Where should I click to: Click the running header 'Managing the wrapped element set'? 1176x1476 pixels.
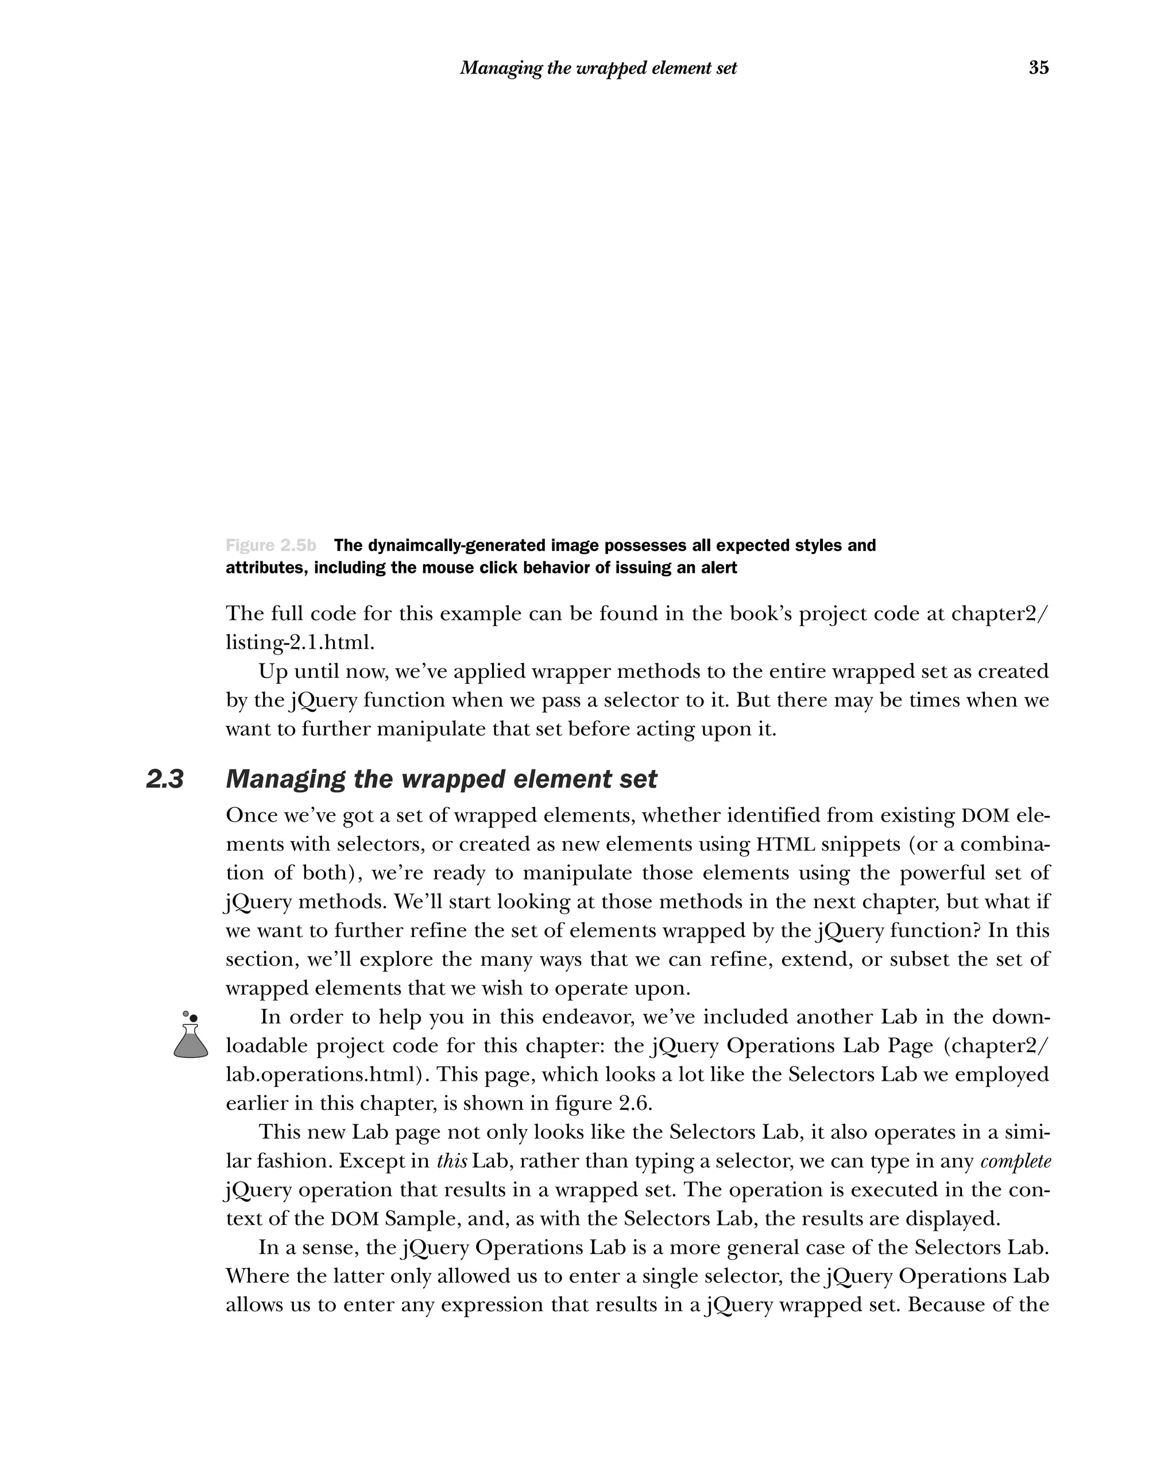[x=598, y=68]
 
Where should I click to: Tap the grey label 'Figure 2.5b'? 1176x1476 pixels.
[x=271, y=546]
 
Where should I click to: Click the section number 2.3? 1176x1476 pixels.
[x=165, y=779]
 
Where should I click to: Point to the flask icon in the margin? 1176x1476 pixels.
[x=190, y=1036]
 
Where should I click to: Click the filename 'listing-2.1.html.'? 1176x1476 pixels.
[x=300, y=643]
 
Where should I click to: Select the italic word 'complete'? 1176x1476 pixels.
[x=1015, y=1161]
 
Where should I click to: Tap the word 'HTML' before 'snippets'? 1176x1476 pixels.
[x=786, y=845]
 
